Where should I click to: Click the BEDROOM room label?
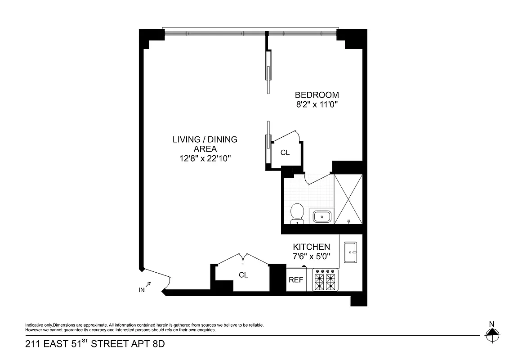(x=317, y=95)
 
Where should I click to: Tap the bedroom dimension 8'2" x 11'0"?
(x=317, y=105)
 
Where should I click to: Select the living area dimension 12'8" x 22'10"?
(x=205, y=158)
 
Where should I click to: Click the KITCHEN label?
(x=312, y=247)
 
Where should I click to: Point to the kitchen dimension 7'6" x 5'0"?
(x=312, y=256)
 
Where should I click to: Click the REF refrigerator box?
(x=296, y=280)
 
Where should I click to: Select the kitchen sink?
(x=350, y=252)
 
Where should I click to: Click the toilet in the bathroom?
(x=297, y=213)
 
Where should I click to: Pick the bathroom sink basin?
(x=321, y=217)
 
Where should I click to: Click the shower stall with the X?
(x=349, y=198)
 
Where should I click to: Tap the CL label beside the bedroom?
(x=285, y=153)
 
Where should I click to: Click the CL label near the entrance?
(x=243, y=275)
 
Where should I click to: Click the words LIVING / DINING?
(x=205, y=139)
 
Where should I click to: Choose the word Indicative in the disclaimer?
(x=34, y=325)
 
